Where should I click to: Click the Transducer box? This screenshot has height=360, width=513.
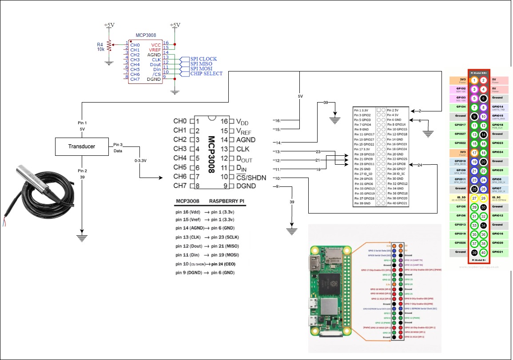click(x=81, y=146)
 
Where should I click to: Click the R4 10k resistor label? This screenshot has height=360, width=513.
click(x=101, y=47)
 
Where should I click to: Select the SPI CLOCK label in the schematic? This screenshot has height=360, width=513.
click(x=203, y=59)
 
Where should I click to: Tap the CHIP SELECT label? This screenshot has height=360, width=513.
click(x=206, y=74)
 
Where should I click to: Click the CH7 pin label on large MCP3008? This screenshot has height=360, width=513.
click(x=180, y=186)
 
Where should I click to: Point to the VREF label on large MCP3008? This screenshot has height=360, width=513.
click(x=243, y=131)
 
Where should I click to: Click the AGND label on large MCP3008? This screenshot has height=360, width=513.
click(x=245, y=140)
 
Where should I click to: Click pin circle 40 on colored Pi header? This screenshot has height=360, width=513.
click(x=484, y=252)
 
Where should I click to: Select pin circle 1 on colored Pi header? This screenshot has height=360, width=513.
click(x=474, y=80)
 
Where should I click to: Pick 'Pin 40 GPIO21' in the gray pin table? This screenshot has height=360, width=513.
click(x=397, y=203)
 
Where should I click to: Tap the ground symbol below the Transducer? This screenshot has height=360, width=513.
click(x=82, y=236)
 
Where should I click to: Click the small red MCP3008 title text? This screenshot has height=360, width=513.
click(x=146, y=34)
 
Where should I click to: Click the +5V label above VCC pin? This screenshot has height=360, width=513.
click(x=175, y=25)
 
